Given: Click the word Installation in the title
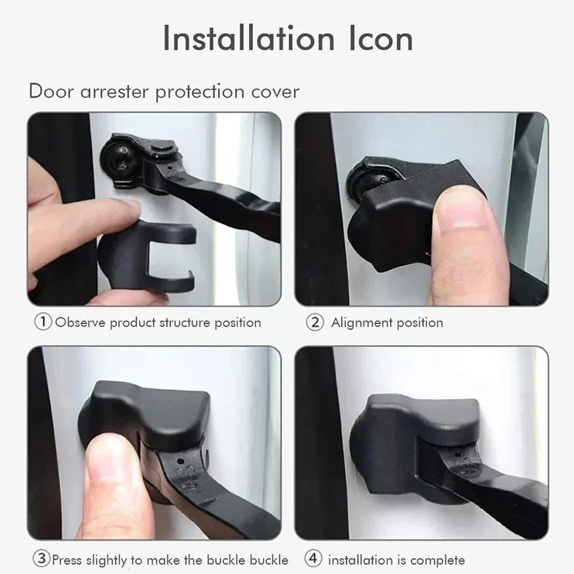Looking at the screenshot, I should (x=248, y=38).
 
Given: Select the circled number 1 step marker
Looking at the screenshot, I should (x=43, y=322).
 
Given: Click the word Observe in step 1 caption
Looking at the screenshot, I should (x=80, y=322).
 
